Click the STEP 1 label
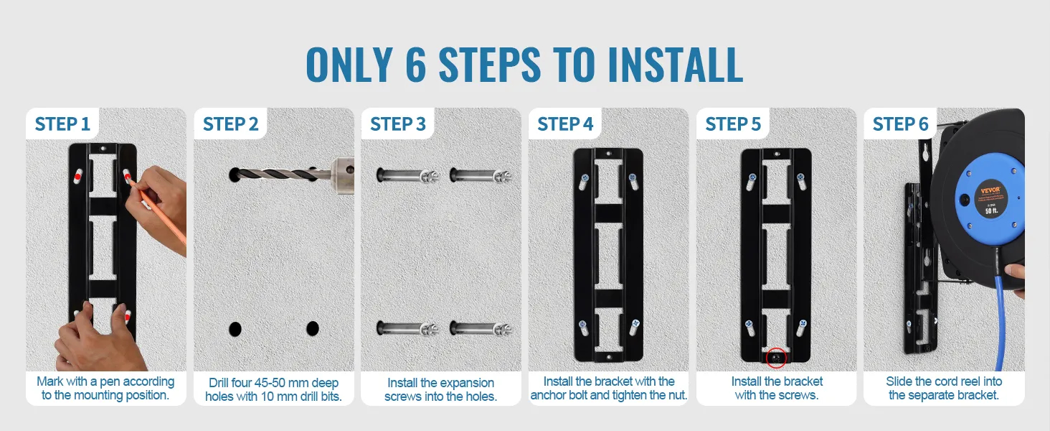[x=62, y=124]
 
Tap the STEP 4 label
[x=565, y=124]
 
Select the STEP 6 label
[x=901, y=124]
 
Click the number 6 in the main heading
[x=416, y=65]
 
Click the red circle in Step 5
[x=776, y=358]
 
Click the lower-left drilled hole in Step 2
[x=235, y=329]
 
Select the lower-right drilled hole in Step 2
[x=313, y=328]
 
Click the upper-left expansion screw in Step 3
[x=407, y=175]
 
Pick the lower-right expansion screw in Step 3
[x=481, y=328]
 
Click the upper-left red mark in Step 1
[x=77, y=177]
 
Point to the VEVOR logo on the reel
[x=990, y=190]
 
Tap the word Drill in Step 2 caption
[x=219, y=383]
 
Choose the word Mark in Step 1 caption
[x=49, y=381]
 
